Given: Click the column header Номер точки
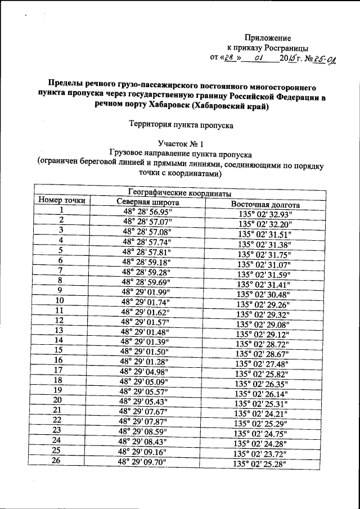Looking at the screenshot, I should pyautogui.click(x=62, y=201).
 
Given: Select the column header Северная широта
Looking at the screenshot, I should pyautogui.click(x=148, y=202).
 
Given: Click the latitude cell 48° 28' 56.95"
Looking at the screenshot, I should pyautogui.click(x=147, y=212).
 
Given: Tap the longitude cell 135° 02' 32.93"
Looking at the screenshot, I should pyautogui.click(x=264, y=215).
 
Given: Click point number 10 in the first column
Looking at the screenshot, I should pyautogui.click(x=59, y=300).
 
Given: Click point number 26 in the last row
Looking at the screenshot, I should pyautogui.click(x=56, y=460).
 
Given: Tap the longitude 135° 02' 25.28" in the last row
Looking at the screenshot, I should pyautogui.click(x=260, y=464).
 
